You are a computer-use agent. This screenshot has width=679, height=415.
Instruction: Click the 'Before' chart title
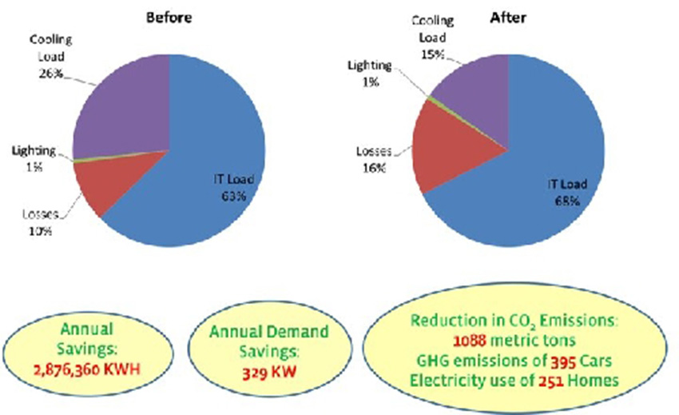pos(168,14)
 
